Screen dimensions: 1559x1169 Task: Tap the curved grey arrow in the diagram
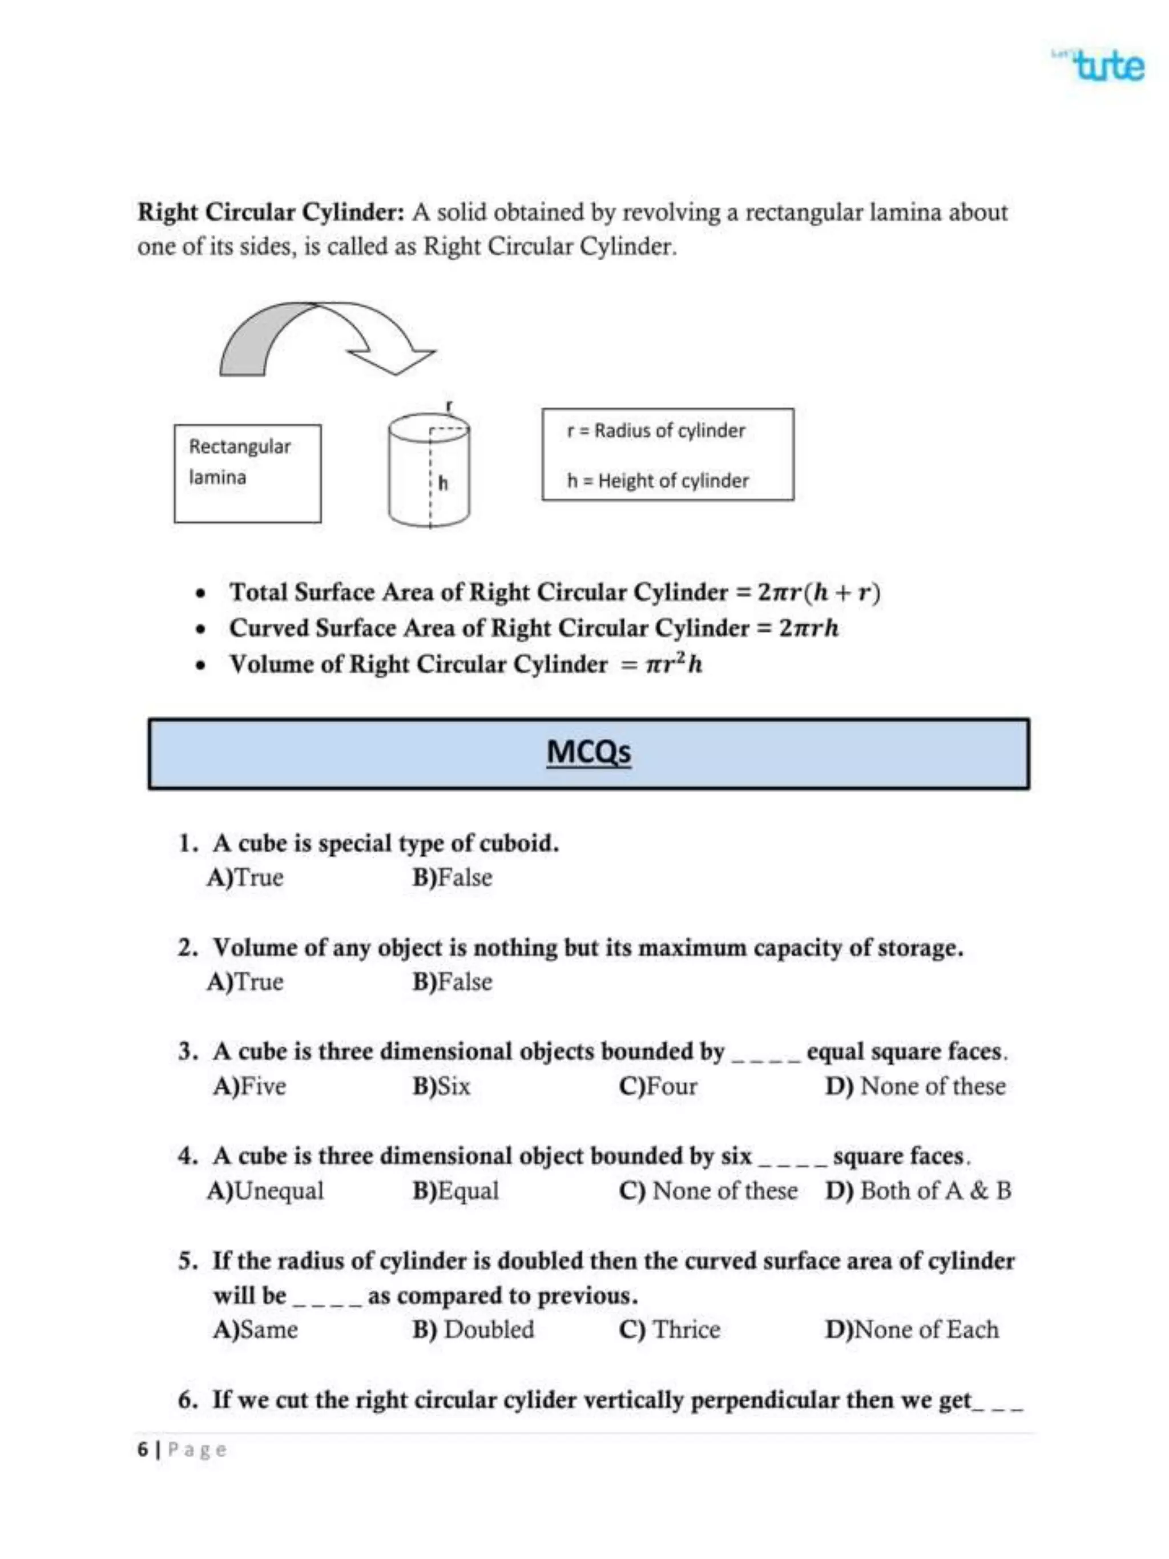(x=317, y=337)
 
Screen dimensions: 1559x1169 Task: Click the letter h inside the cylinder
(x=442, y=484)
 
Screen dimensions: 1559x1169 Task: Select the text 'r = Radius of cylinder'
(x=655, y=430)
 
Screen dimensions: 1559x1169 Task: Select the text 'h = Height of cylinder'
(x=658, y=481)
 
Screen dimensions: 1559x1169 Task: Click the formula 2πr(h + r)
(x=819, y=592)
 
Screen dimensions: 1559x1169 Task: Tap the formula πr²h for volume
(x=674, y=664)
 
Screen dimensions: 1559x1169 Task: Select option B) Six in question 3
(x=441, y=1086)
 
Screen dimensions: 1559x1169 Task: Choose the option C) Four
(x=658, y=1086)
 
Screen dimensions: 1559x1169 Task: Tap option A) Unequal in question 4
(x=265, y=1191)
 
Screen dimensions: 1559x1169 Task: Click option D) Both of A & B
(x=917, y=1191)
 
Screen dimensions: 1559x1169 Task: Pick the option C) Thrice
(x=670, y=1330)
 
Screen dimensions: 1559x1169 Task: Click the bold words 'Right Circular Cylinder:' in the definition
(x=271, y=212)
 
